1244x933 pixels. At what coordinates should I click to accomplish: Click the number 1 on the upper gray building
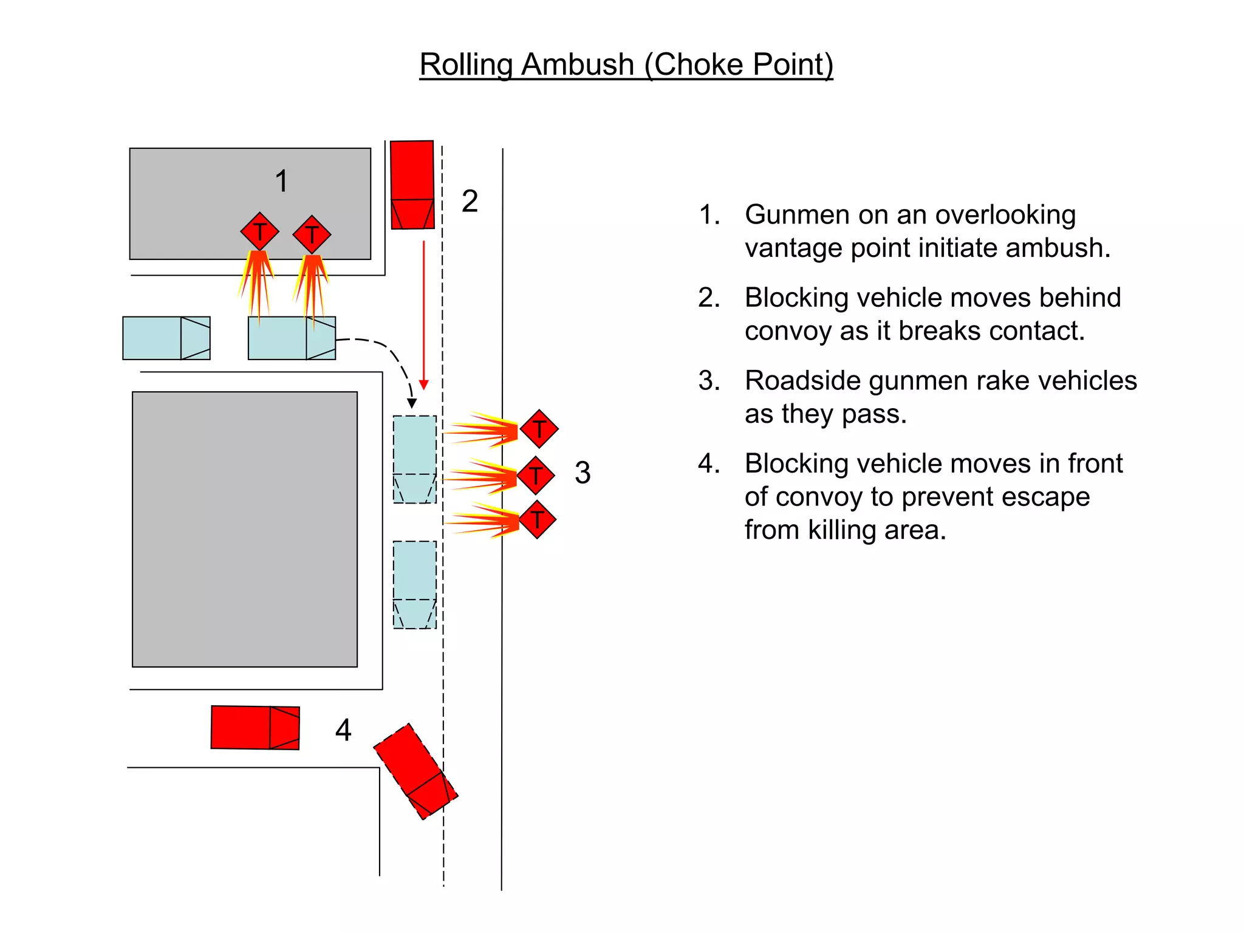(x=281, y=181)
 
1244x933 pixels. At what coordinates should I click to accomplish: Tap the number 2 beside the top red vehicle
(x=470, y=201)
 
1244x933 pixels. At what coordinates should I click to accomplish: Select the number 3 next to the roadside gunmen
(x=583, y=473)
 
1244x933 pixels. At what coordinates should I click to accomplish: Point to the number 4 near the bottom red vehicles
(x=343, y=730)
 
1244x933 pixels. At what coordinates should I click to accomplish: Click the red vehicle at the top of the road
(x=412, y=185)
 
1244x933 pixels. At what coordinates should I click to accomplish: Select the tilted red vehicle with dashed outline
(x=415, y=771)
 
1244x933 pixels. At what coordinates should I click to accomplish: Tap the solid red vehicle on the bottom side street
(x=255, y=727)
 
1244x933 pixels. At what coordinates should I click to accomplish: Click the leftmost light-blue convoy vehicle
(x=166, y=338)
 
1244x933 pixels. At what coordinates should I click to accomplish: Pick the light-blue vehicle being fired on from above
(x=292, y=338)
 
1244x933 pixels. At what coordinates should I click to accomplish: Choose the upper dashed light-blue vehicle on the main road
(x=415, y=459)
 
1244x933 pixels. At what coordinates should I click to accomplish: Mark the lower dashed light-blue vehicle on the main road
(x=415, y=584)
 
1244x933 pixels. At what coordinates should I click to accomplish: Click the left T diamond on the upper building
(x=259, y=231)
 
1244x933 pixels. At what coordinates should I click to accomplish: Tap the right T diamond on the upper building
(x=312, y=234)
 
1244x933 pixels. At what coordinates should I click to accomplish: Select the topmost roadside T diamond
(x=539, y=429)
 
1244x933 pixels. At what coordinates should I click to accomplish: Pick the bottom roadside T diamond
(x=538, y=520)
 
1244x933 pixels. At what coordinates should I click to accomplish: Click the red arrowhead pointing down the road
(x=424, y=385)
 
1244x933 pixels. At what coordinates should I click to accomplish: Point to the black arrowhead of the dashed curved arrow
(x=412, y=403)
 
